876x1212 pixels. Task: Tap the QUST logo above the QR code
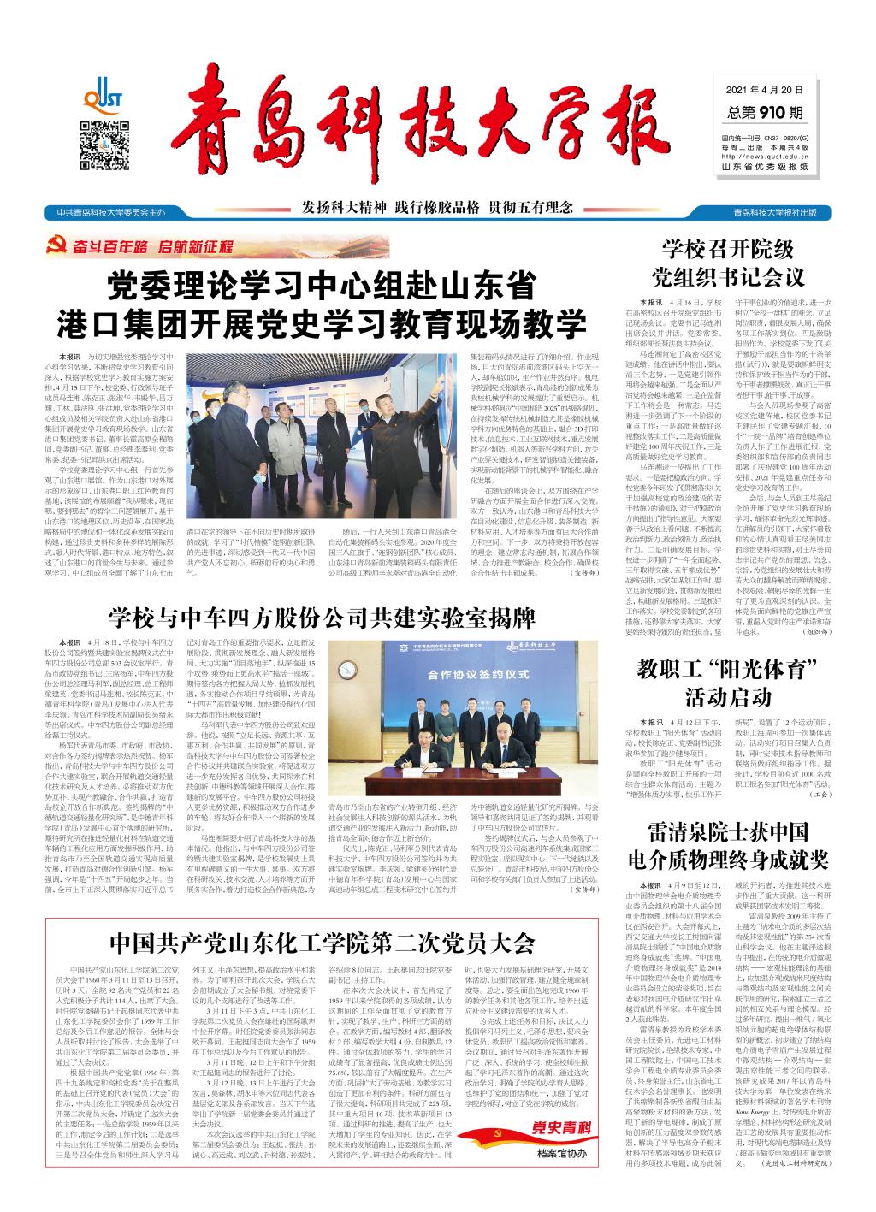tap(104, 92)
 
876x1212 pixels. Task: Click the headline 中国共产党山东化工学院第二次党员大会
tap(321, 944)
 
